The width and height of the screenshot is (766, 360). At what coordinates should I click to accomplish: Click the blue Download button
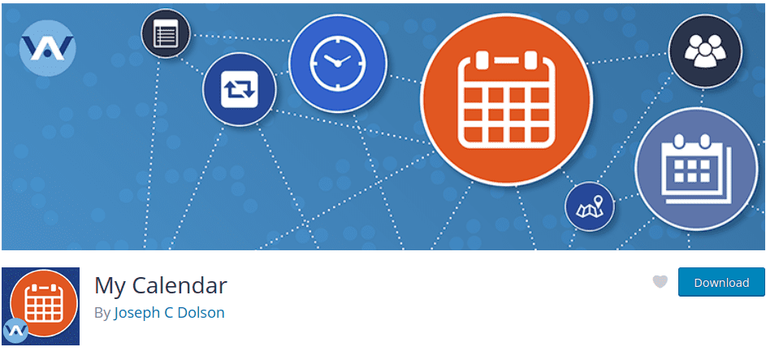(721, 282)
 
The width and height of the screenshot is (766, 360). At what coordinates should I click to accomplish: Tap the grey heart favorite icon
(660, 281)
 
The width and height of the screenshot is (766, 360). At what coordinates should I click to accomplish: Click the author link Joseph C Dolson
(169, 313)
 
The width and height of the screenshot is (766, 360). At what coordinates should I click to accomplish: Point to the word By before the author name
(102, 313)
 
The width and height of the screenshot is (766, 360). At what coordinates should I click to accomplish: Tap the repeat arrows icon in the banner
(240, 89)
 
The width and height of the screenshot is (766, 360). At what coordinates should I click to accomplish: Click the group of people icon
(705, 51)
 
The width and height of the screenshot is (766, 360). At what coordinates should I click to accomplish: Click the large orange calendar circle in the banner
(507, 100)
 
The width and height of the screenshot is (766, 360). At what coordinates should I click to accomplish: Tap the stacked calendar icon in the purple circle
(695, 168)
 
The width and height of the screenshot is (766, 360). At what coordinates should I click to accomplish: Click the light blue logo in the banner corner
(47, 48)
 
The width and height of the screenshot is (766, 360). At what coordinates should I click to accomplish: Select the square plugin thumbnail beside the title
(41, 306)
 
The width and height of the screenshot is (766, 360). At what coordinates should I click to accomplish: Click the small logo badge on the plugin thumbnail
(15, 331)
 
